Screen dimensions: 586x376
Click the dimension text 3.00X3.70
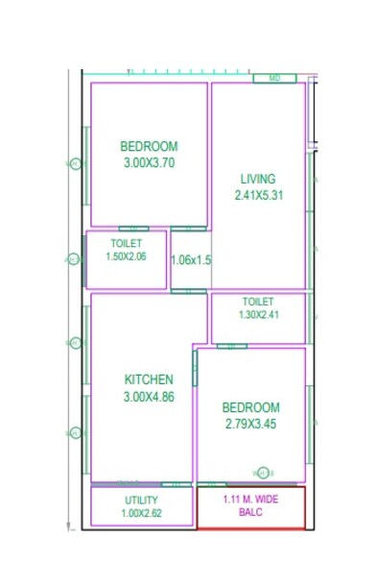point(149,163)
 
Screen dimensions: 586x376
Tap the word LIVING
point(258,179)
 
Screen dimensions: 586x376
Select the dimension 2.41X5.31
point(258,195)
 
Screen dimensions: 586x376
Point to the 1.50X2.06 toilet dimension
point(127,256)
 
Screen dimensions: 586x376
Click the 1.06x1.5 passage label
point(191,259)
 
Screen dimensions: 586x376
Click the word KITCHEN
point(149,379)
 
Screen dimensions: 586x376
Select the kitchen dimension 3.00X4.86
point(149,396)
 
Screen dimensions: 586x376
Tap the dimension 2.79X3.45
point(252,424)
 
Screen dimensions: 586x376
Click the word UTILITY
point(141,501)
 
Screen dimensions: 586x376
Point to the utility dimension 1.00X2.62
point(141,513)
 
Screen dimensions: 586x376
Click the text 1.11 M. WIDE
point(250,500)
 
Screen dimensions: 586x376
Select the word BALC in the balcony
point(250,513)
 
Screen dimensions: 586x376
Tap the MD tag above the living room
point(274,78)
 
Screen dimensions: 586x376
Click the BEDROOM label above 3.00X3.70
point(149,147)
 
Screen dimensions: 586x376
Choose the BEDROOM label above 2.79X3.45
point(252,407)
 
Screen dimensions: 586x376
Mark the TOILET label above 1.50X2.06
point(127,244)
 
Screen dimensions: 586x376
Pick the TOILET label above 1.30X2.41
point(258,302)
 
